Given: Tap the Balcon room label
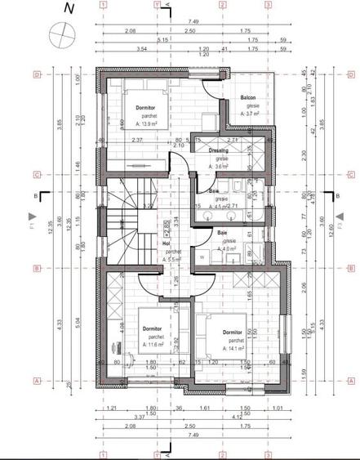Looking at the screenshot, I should click(249, 98).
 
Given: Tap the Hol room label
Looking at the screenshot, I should click(167, 243).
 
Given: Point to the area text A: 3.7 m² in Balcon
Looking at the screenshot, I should click(249, 114).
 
